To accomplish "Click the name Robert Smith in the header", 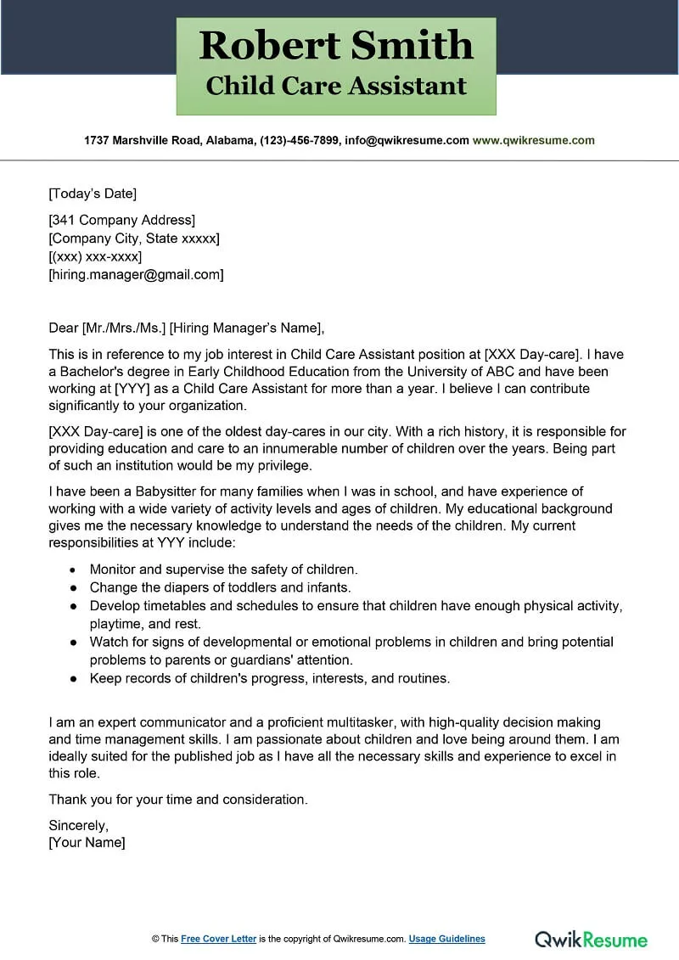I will pyautogui.click(x=336, y=45).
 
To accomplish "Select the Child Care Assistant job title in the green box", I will pyautogui.click(x=336, y=86).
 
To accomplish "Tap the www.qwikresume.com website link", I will pyautogui.click(x=533, y=141).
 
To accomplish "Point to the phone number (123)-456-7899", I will pyautogui.click(x=298, y=141).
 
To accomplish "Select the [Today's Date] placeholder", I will pyautogui.click(x=93, y=194).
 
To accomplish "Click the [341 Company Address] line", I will pyautogui.click(x=122, y=221).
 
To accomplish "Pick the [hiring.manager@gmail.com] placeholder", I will pyautogui.click(x=137, y=274).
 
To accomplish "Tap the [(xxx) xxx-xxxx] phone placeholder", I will pyautogui.click(x=95, y=256).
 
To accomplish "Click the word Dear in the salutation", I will pyautogui.click(x=64, y=328).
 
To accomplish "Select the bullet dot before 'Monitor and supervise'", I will pyautogui.click(x=72, y=570).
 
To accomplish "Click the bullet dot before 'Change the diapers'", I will pyautogui.click(x=72, y=587).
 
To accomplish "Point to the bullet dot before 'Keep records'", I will pyautogui.click(x=72, y=678).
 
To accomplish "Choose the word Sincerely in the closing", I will pyautogui.click(x=78, y=825).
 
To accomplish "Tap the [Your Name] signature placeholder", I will pyautogui.click(x=87, y=843).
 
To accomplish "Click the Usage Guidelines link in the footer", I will pyautogui.click(x=446, y=939).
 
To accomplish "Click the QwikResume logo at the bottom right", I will pyautogui.click(x=591, y=939).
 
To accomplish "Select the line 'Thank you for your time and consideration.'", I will pyautogui.click(x=178, y=800).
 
